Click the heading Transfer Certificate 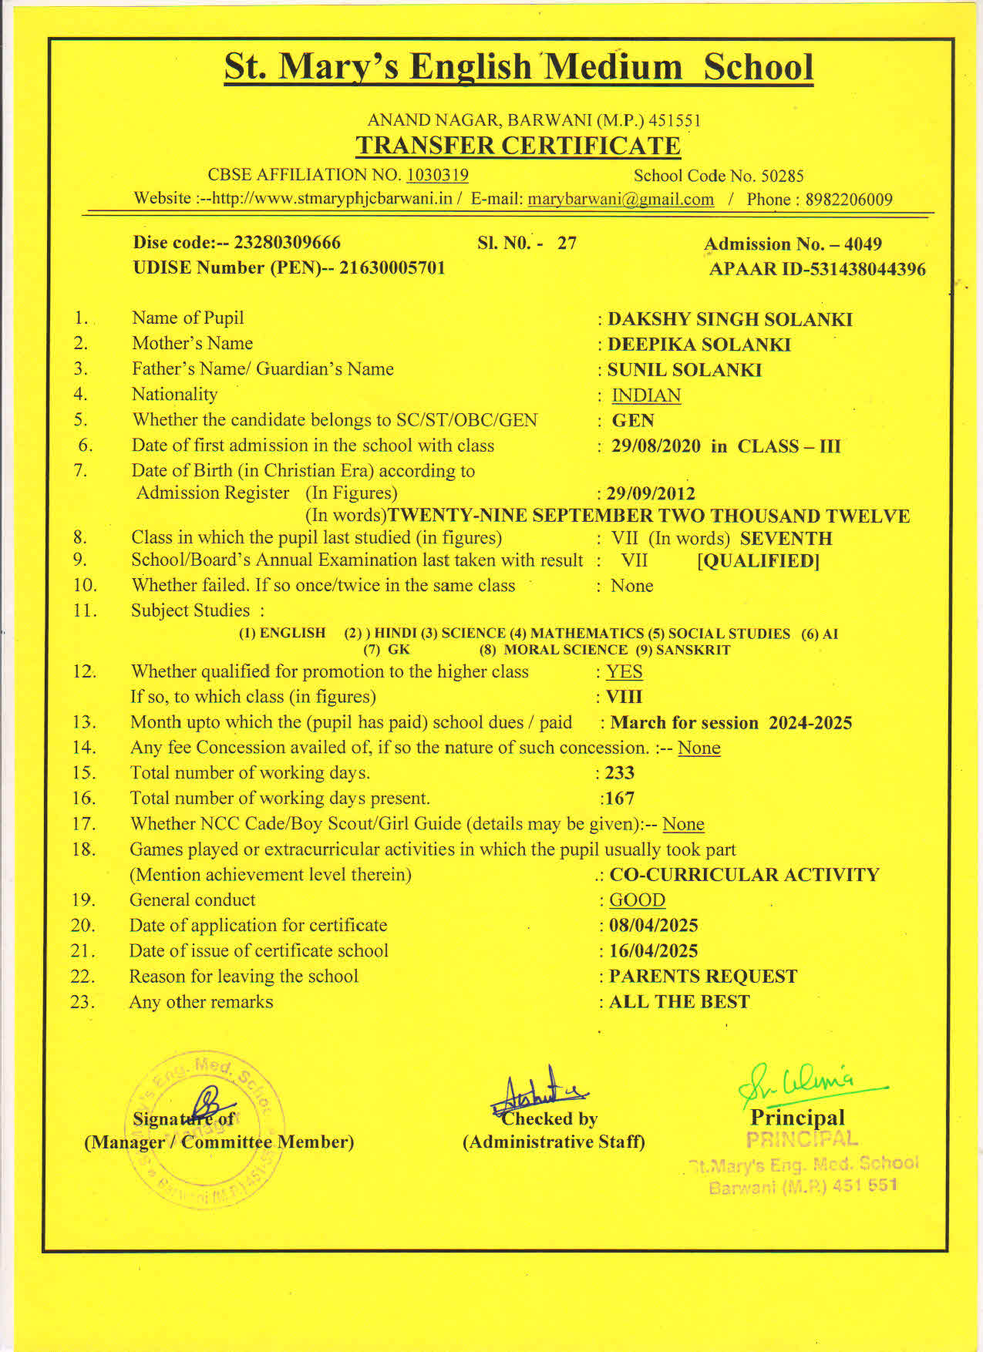click(x=517, y=146)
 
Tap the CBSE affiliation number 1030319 click(x=437, y=175)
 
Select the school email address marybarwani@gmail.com click(x=621, y=199)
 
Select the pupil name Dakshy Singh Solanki click(x=729, y=319)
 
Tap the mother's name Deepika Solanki click(x=699, y=345)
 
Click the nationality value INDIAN click(x=646, y=395)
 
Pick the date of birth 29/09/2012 click(x=651, y=493)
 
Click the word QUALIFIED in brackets click(x=758, y=561)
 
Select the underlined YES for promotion click(x=624, y=671)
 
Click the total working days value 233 click(x=619, y=772)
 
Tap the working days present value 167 click(x=620, y=799)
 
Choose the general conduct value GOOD click(x=637, y=900)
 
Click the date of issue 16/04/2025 click(x=653, y=951)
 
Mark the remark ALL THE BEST click(x=679, y=1002)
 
